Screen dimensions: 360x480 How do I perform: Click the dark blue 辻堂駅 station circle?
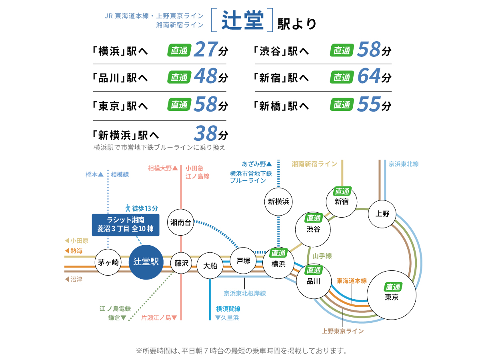pos(146,262)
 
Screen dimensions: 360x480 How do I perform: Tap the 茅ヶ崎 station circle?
pos(108,262)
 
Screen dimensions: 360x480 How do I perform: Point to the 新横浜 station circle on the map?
pos(279,201)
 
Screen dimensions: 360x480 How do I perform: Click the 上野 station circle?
pos(382,213)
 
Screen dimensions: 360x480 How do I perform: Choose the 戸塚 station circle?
pos(243,261)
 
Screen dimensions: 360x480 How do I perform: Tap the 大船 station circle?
pos(210,266)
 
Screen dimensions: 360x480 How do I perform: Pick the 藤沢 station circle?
pos(181,263)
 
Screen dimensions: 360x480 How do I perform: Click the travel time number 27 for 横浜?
pos(206,50)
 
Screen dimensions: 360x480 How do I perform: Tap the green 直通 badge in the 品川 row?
pos(179,77)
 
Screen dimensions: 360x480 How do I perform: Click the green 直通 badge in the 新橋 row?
pos(342,105)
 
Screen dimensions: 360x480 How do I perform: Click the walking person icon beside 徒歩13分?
pos(128,208)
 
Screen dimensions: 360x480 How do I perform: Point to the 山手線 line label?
pos(322,256)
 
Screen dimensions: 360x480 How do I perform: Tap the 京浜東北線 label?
pos(404,164)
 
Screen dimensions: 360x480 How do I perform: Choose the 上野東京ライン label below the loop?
pos(343,331)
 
